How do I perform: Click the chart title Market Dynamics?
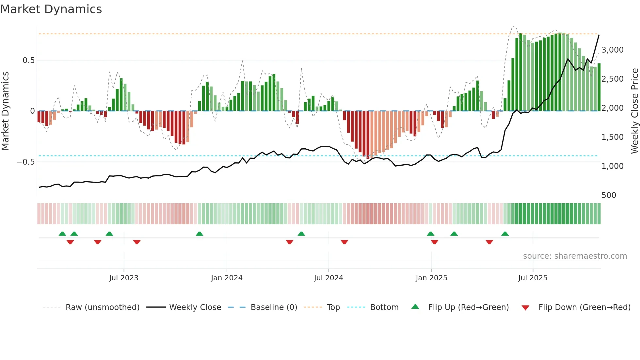click(51, 9)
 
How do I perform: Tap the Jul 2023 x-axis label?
click(124, 278)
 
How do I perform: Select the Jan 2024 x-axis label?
click(227, 278)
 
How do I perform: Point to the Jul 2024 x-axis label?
click(328, 278)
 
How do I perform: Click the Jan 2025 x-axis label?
click(431, 278)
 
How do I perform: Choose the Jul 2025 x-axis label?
click(533, 278)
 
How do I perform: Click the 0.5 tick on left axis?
click(28, 60)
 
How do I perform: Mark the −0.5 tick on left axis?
click(25, 162)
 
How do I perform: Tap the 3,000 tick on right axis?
click(612, 50)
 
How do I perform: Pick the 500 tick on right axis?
click(609, 195)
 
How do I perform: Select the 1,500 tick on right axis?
click(612, 137)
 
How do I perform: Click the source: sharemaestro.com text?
click(575, 256)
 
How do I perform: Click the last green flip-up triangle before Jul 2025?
click(505, 234)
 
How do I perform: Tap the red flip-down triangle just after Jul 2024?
click(344, 242)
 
